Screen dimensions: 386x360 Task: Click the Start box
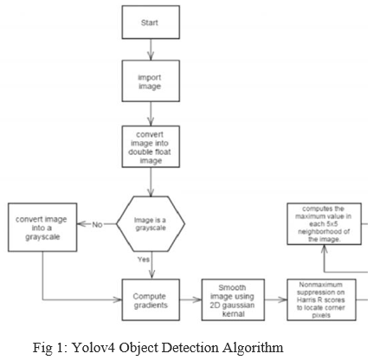pos(151,22)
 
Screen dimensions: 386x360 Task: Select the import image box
pos(151,81)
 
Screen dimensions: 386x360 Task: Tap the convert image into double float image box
pos(151,146)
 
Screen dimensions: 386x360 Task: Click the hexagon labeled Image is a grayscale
pos(151,224)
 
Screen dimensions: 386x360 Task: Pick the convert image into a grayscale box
pos(42,228)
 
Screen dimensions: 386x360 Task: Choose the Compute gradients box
pos(151,299)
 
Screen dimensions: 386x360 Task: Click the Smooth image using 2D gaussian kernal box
pos(233,299)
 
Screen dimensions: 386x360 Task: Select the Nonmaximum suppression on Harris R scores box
pos(321,299)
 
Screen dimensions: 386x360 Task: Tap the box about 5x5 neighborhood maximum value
pos(324,224)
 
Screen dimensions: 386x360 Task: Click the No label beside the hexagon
pos(97,224)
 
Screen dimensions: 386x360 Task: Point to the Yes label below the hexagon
pos(144,260)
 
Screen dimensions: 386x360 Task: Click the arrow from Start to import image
pos(151,49)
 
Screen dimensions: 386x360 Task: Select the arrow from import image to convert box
pos(151,113)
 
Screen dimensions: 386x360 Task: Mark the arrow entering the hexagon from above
pos(151,182)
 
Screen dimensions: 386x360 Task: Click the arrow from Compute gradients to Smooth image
pos(190,299)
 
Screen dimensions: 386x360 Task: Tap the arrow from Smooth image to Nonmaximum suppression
pos(276,299)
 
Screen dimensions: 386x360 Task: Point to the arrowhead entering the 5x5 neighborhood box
pos(325,249)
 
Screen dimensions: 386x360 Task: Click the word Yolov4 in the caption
pos(93,347)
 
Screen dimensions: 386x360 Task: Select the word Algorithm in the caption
pos(253,348)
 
